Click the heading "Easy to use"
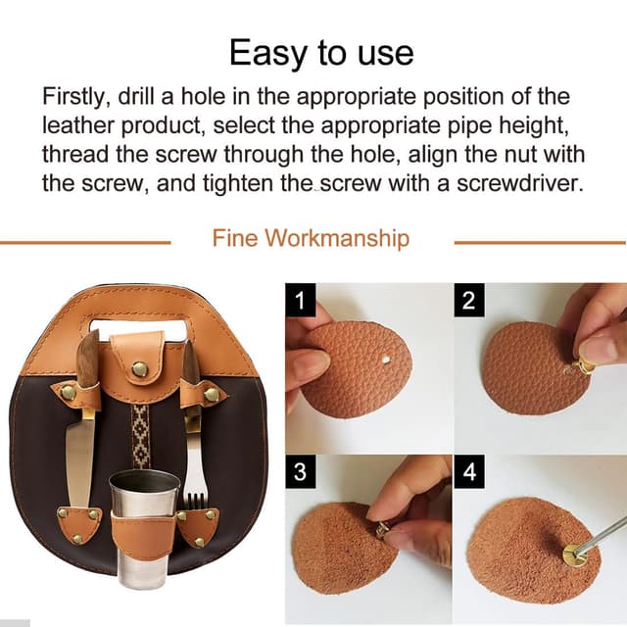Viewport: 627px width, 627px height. (x=321, y=53)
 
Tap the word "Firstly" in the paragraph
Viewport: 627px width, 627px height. (x=72, y=98)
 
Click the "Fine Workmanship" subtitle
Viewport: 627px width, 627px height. (x=311, y=238)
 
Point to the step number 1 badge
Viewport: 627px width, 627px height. (x=301, y=300)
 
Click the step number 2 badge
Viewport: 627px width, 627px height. (x=469, y=300)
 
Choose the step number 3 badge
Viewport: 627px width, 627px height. (x=301, y=471)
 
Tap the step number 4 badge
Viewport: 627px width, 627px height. (x=469, y=471)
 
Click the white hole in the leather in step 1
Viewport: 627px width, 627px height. (x=386, y=360)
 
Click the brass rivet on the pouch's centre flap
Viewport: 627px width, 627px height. (x=139, y=368)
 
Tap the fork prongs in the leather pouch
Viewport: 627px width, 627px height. (x=196, y=500)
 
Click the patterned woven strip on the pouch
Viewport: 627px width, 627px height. (x=140, y=436)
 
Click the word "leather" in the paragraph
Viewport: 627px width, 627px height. (x=78, y=126)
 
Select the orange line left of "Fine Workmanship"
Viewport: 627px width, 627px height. (x=85, y=242)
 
